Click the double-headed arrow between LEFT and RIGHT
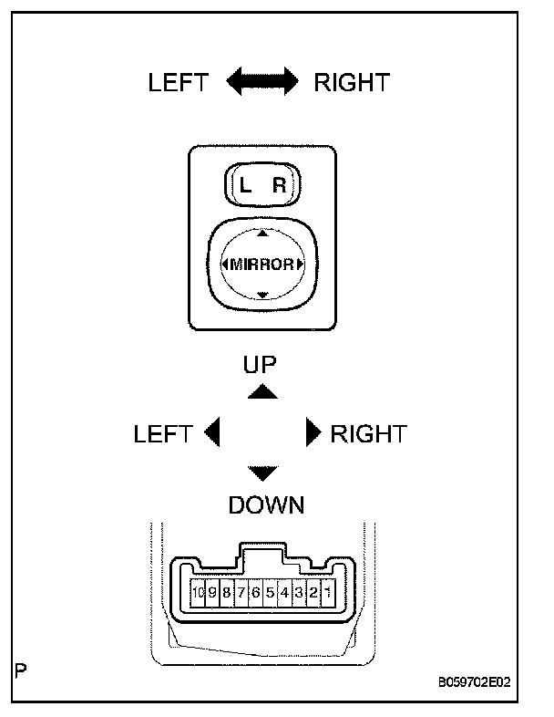click(x=262, y=81)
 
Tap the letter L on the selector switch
click(x=245, y=185)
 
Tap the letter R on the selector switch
click(x=279, y=185)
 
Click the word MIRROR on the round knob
click(x=262, y=265)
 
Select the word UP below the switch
click(x=260, y=365)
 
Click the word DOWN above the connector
click(x=266, y=505)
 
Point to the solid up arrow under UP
click(x=262, y=392)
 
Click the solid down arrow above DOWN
click(x=262, y=473)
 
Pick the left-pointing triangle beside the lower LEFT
click(x=212, y=431)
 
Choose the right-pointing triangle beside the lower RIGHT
click(x=313, y=431)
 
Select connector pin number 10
click(x=198, y=593)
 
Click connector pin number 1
click(x=328, y=593)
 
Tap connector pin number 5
click(x=270, y=593)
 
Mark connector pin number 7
click(x=241, y=593)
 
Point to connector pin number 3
click(x=299, y=593)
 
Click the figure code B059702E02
click(x=475, y=682)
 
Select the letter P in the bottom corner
click(x=21, y=670)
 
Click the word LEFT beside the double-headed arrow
click(x=178, y=83)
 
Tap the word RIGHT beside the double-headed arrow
click(x=352, y=83)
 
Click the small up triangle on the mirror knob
click(x=262, y=234)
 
